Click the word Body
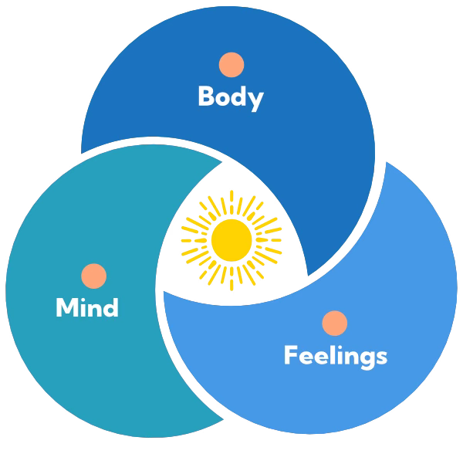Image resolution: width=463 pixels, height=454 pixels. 231,97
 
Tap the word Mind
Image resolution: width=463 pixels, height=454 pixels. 87,308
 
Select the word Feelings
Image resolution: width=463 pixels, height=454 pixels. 335,355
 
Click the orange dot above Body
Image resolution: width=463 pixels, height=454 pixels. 231,65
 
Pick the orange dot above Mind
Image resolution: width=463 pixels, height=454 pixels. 93,276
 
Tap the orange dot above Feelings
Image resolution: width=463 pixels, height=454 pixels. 334,324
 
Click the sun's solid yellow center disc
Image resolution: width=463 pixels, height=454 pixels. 231,239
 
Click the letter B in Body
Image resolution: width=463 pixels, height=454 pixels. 206,97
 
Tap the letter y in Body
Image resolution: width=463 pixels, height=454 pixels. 256,100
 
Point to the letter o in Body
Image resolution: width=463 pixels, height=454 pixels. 223,99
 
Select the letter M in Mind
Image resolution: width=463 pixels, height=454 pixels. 66,308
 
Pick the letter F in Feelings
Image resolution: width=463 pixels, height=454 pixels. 291,355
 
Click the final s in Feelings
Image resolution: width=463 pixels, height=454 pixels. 381,357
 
